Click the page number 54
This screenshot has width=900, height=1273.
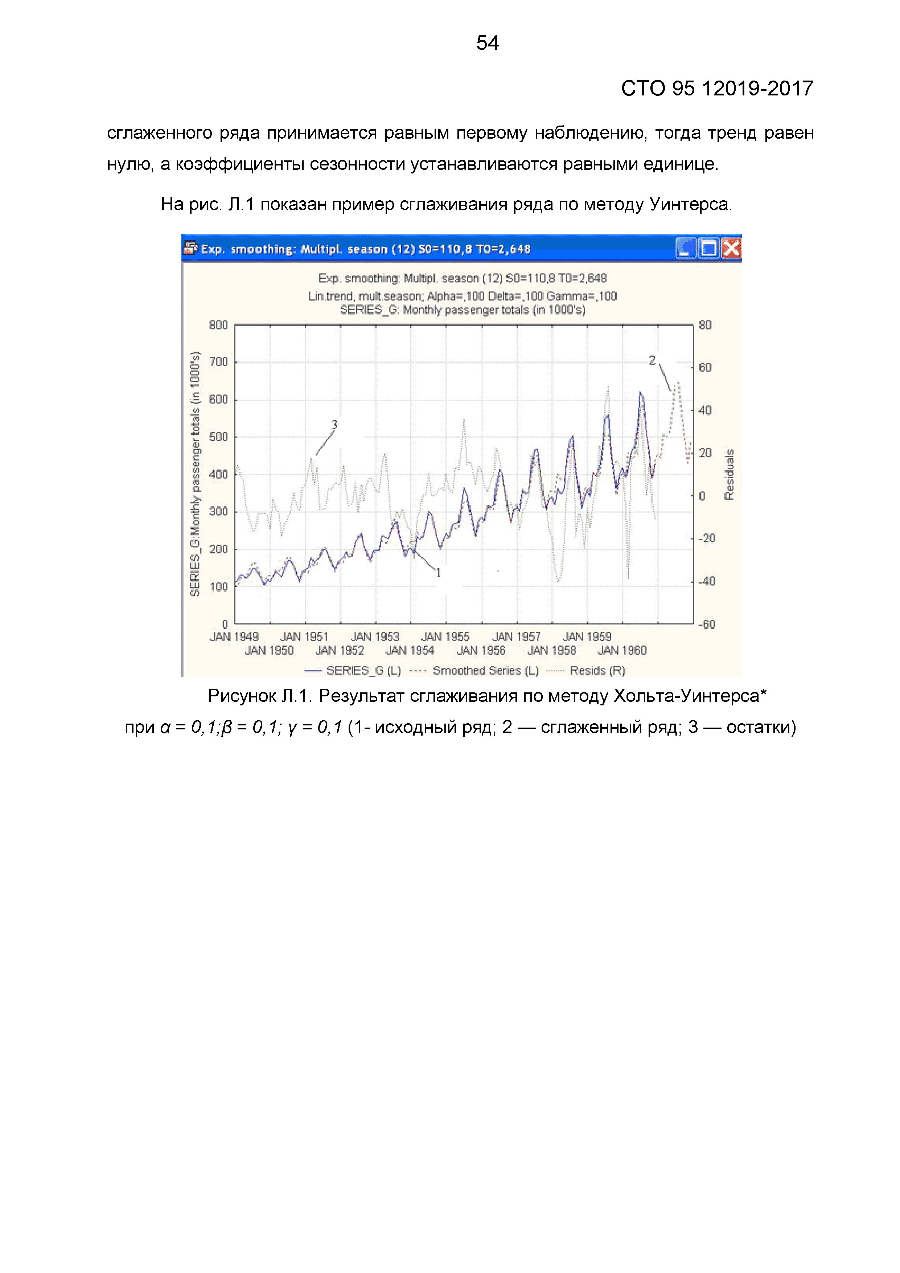pos(487,43)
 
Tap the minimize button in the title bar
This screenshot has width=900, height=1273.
pos(686,248)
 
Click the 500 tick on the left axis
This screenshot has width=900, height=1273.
pos(218,437)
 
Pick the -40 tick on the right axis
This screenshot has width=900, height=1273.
pos(707,581)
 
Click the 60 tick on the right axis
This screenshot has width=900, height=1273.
pos(705,368)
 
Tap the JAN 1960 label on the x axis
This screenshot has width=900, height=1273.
pos(622,650)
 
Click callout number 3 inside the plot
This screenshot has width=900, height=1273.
pos(334,425)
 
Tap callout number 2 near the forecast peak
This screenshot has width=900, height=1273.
pos(652,361)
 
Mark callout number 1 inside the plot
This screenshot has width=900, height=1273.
pos(438,573)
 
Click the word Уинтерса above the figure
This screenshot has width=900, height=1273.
pos(691,205)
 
